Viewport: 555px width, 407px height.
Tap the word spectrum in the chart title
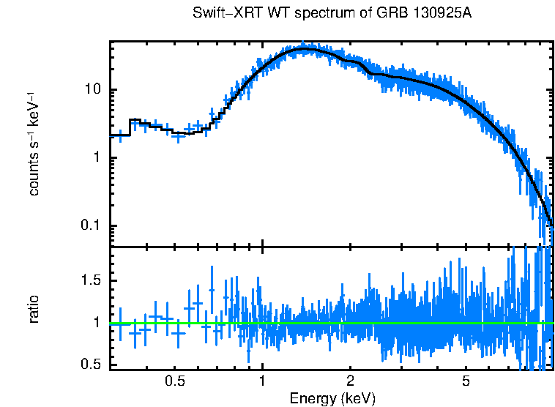300,14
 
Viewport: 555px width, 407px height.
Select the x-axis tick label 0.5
174,381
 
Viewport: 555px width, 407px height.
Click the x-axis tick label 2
350,381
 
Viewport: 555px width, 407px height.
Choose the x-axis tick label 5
466,381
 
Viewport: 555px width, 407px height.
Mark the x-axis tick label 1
262,381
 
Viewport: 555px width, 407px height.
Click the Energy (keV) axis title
332,398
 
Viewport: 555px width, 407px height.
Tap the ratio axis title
34,309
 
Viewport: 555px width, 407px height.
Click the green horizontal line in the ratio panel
329,323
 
